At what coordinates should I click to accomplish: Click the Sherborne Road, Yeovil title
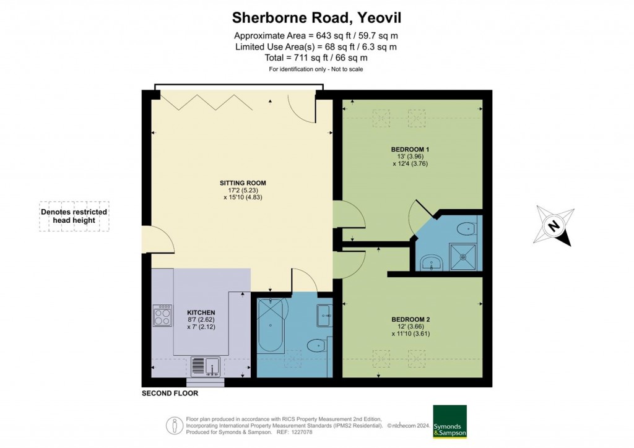tap(316, 18)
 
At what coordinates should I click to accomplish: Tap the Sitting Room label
tap(243, 183)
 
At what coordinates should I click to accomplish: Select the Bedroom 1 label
tap(410, 149)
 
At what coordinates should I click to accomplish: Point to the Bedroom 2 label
tap(410, 319)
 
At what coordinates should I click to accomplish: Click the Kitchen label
tap(201, 312)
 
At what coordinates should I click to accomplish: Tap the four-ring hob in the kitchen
tap(163, 316)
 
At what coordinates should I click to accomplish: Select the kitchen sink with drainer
tap(206, 367)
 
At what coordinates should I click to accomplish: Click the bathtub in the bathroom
tap(271, 325)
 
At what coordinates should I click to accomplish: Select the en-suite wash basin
tap(432, 263)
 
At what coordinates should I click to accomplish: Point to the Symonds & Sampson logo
tap(449, 421)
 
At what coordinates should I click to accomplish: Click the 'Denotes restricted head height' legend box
tap(74, 216)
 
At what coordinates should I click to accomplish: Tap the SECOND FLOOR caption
tap(170, 393)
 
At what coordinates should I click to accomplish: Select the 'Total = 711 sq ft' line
tap(316, 58)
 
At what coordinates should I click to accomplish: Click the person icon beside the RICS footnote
tap(175, 425)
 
